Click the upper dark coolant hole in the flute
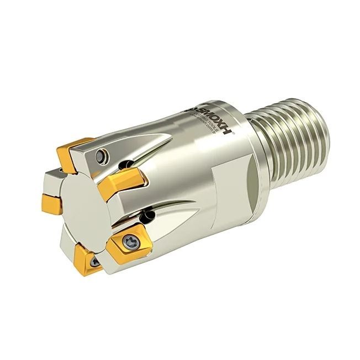[x=128, y=163]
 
